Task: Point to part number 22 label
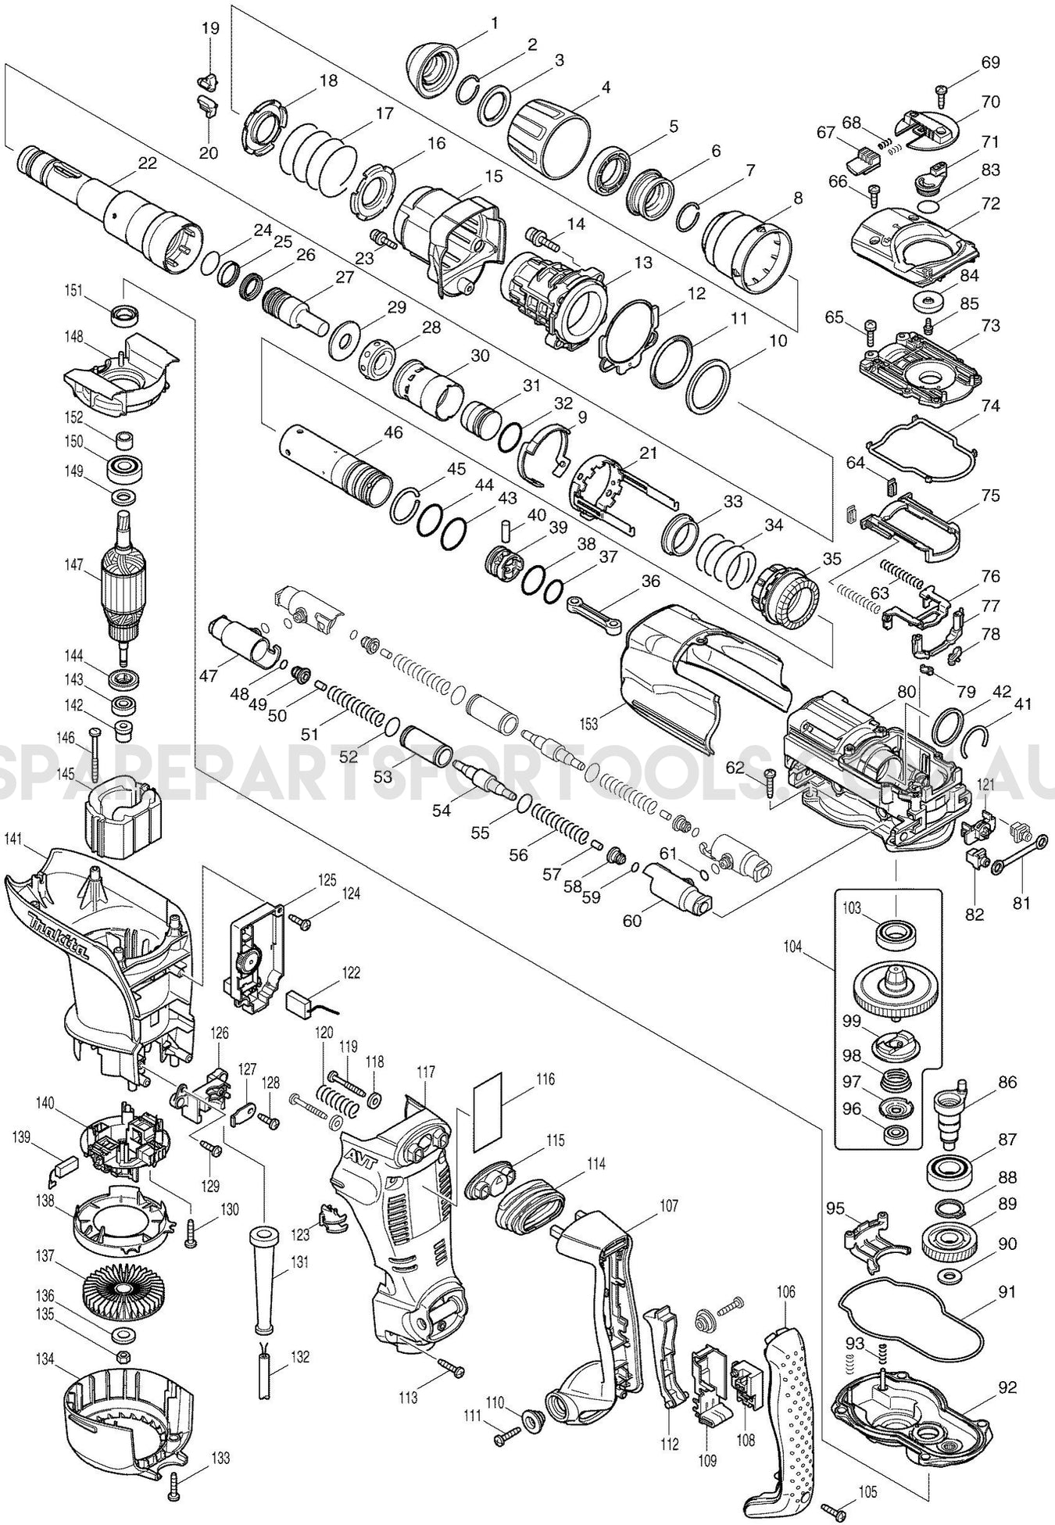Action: (147, 163)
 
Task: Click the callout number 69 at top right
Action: (990, 62)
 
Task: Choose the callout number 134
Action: (44, 1359)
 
